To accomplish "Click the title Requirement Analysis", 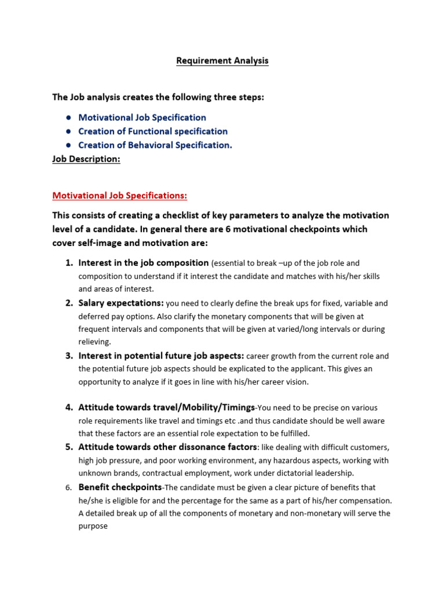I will (x=222, y=61).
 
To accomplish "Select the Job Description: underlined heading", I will (x=86, y=159).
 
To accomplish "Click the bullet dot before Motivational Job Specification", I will (x=68, y=118).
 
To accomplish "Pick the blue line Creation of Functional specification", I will (x=153, y=131).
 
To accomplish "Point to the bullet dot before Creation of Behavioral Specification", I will (x=68, y=146).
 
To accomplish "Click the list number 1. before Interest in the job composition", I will (x=68, y=263).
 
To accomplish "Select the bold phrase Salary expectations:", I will (x=121, y=303).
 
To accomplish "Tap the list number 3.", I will (x=68, y=356).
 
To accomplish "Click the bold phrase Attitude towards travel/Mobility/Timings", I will (x=166, y=407).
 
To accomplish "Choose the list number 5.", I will (x=68, y=447).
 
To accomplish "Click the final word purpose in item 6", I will (x=93, y=527).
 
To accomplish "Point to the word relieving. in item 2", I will (x=94, y=342).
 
